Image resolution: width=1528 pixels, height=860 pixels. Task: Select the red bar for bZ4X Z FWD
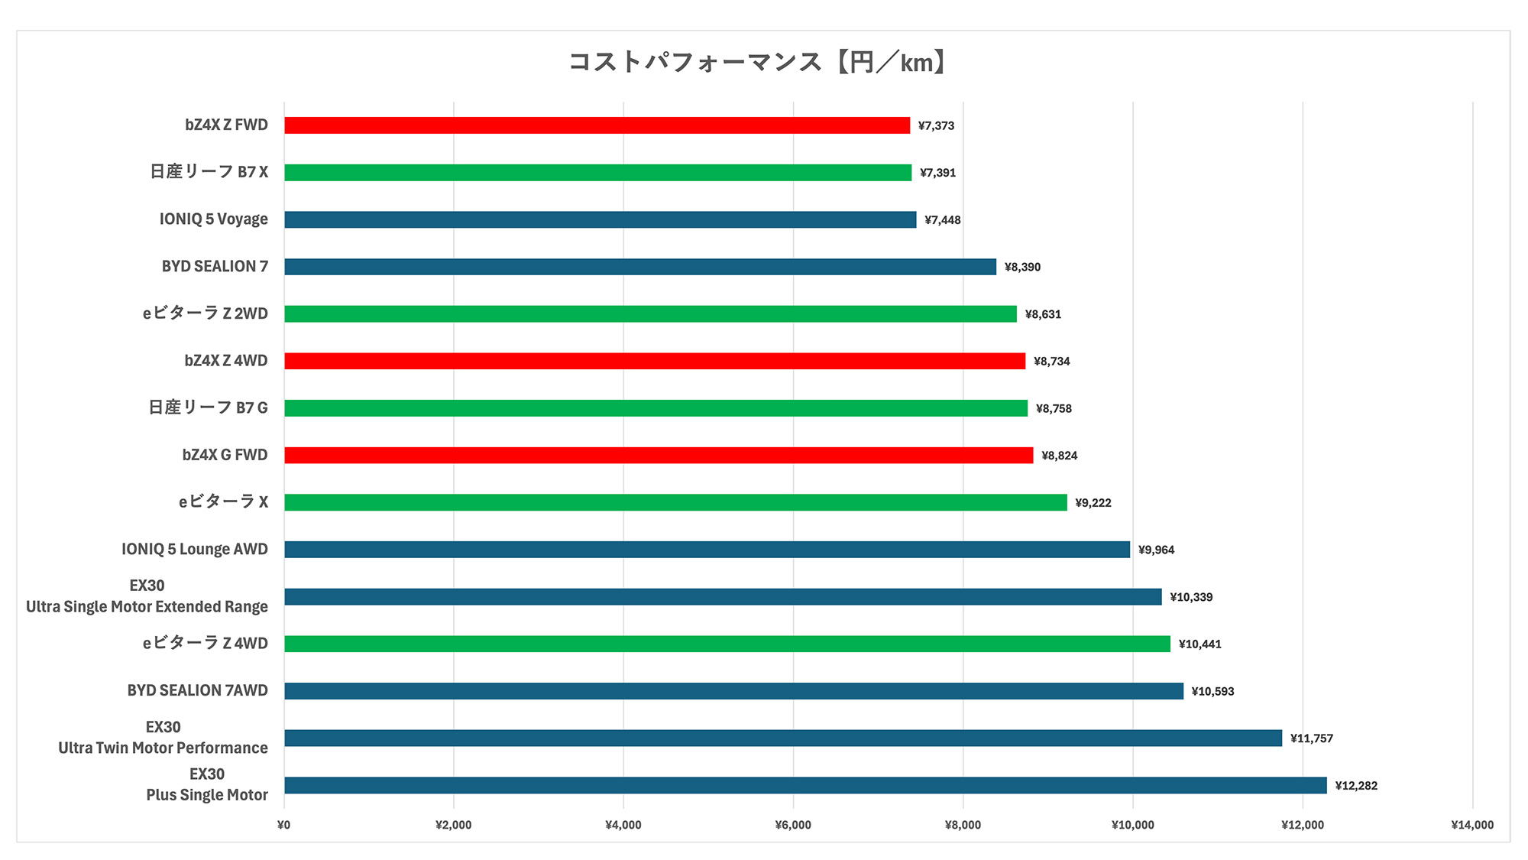click(x=597, y=125)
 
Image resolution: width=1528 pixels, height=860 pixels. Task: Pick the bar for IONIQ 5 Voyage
click(x=600, y=220)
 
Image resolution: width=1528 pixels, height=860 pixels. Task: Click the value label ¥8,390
click(x=1022, y=267)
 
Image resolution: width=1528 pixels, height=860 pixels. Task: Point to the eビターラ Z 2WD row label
click(x=205, y=313)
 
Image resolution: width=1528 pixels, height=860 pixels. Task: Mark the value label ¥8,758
click(x=1054, y=408)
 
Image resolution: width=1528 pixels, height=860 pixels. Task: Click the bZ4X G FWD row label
click(x=225, y=455)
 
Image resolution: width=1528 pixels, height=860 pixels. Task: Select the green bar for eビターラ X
click(x=675, y=502)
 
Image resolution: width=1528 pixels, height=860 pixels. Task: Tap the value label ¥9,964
click(x=1156, y=550)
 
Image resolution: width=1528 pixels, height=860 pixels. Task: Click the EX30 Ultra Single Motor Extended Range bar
click(x=723, y=597)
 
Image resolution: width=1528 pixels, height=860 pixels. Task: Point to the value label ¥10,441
click(x=1199, y=644)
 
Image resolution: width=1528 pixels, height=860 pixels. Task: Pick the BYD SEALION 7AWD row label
click(x=197, y=690)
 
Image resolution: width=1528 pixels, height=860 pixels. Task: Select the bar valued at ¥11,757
click(x=783, y=738)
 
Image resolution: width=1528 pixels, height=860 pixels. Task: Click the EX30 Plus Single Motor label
click(x=207, y=785)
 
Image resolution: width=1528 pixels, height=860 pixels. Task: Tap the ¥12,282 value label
click(x=1356, y=786)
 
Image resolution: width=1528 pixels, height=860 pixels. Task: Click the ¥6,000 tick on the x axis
click(x=793, y=825)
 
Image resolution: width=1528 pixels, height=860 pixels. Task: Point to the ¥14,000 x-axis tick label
click(x=1472, y=825)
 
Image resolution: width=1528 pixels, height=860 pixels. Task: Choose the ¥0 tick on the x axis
click(x=283, y=825)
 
